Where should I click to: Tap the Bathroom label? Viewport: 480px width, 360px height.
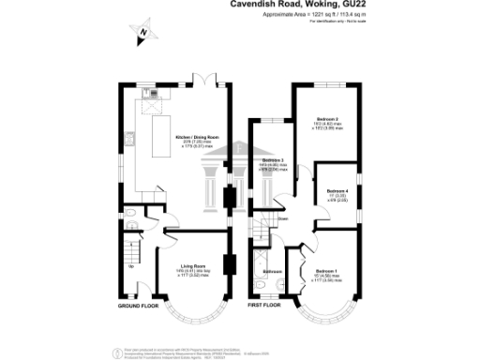tap(272, 272)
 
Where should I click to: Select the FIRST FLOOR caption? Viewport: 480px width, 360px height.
tap(264, 306)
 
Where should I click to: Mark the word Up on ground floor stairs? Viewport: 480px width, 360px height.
tap(130, 267)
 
